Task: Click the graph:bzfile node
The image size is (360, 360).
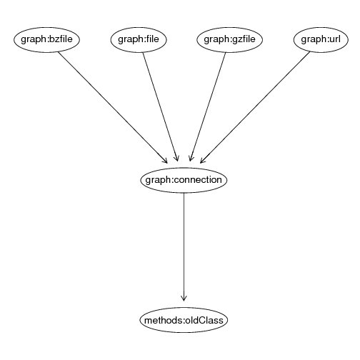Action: click(x=46, y=40)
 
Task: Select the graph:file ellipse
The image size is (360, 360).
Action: click(x=139, y=40)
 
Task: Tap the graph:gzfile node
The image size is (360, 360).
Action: click(x=229, y=40)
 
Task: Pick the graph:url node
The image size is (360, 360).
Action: click(x=321, y=40)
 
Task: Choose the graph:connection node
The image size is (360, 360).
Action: click(x=184, y=180)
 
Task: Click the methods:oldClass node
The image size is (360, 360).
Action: click(x=184, y=320)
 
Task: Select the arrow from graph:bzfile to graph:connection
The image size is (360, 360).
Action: click(x=113, y=108)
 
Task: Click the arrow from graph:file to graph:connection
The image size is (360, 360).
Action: click(x=160, y=107)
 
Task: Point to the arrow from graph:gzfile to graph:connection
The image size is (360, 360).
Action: click(x=207, y=107)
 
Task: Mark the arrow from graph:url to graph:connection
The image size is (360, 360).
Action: click(x=255, y=107)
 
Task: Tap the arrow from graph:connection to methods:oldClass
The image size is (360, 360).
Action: click(x=184, y=247)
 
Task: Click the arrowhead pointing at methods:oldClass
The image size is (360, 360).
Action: click(x=184, y=299)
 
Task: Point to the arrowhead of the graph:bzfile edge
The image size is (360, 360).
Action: click(x=165, y=161)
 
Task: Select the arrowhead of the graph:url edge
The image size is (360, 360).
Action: click(x=202, y=161)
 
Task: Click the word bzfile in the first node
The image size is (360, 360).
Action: click(x=60, y=39)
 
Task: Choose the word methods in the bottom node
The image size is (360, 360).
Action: click(x=163, y=320)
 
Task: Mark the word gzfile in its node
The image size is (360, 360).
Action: click(x=244, y=39)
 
